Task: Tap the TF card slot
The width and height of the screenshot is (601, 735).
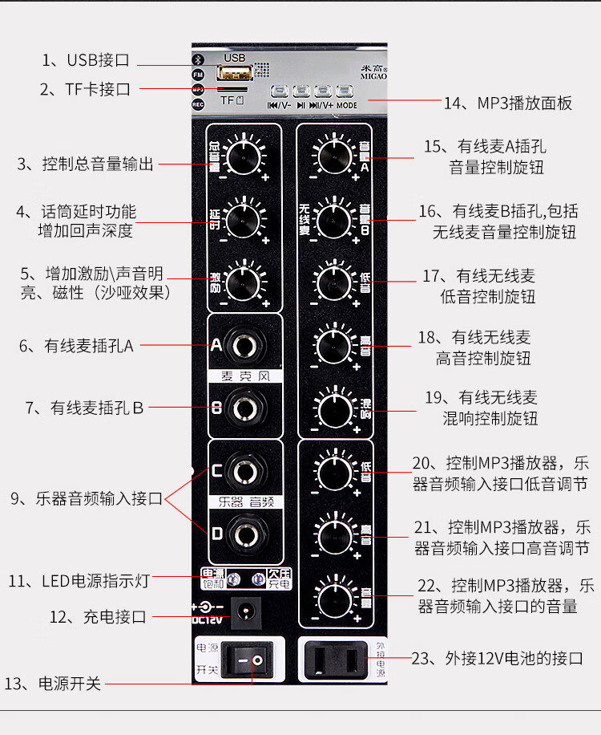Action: [232, 90]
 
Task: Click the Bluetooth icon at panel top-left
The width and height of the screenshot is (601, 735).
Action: [198, 59]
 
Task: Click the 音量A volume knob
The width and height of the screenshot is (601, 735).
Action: [332, 155]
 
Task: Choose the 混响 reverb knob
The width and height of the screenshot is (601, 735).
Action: [332, 408]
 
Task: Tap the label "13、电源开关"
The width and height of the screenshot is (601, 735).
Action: [54, 684]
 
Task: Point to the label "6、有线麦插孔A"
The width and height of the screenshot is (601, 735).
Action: [77, 346]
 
